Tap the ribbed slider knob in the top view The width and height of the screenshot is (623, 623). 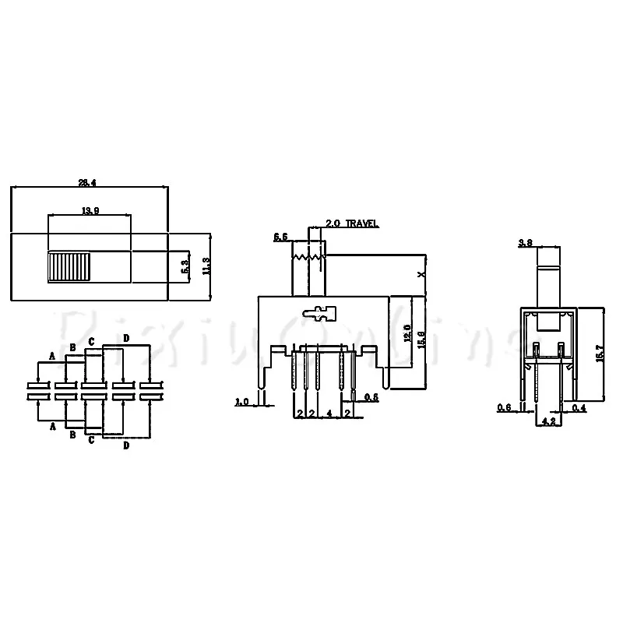69,267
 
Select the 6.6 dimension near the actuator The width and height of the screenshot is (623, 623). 281,236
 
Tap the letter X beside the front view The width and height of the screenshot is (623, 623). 421,274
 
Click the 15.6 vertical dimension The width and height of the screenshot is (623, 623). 421,340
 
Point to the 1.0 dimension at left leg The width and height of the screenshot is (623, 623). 241,402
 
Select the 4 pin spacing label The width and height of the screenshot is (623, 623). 329,414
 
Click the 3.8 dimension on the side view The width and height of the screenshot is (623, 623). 526,243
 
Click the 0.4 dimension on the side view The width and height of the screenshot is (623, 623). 579,407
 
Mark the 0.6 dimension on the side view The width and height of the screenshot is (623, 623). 505,407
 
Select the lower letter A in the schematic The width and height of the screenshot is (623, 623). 51,427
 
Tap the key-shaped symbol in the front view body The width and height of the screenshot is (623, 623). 320,315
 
